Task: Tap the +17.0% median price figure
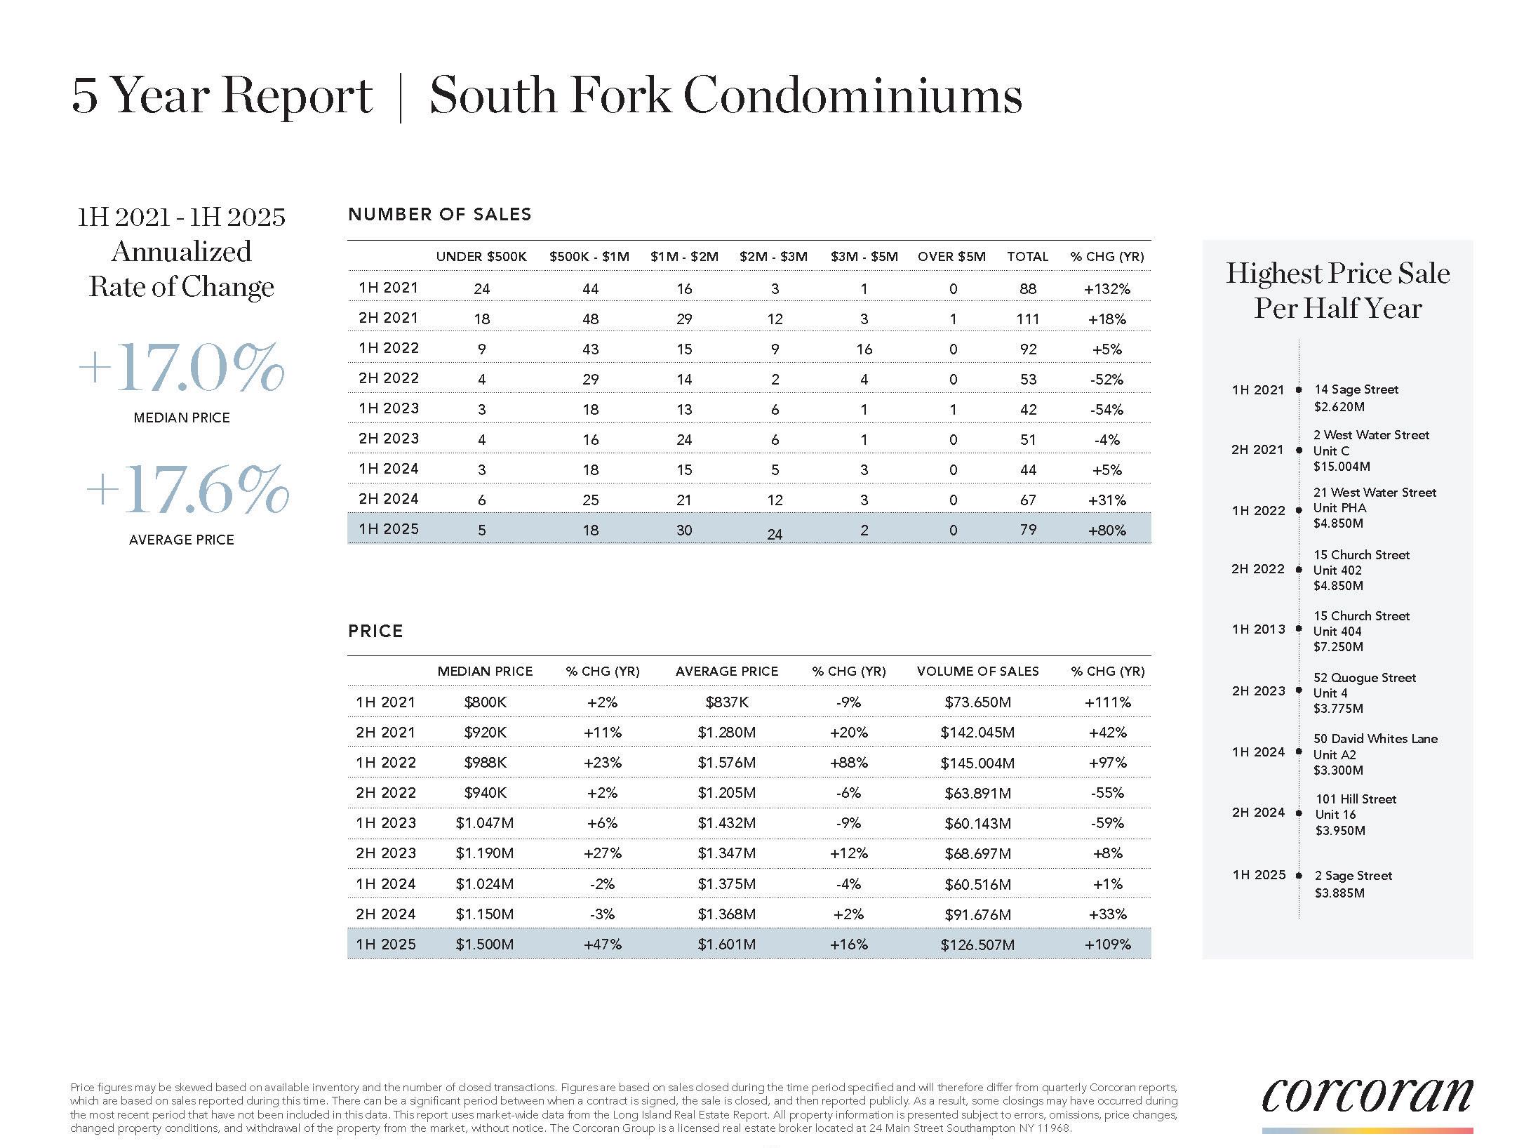181,368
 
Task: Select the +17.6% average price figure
187,489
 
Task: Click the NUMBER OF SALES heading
439,215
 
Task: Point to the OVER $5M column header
951,257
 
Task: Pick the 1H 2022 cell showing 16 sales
864,349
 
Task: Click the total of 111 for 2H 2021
1027,319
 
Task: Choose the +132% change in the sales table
1107,289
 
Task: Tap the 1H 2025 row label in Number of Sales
388,529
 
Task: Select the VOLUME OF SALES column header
977,672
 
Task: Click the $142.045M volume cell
977,733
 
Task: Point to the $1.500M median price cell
484,945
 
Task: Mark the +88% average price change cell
848,763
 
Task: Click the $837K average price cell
726,702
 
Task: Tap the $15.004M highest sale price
1341,467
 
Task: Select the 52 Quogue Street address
1364,678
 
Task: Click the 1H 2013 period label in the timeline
1258,629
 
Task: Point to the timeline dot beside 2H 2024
1299,813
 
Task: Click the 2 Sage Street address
1353,876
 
